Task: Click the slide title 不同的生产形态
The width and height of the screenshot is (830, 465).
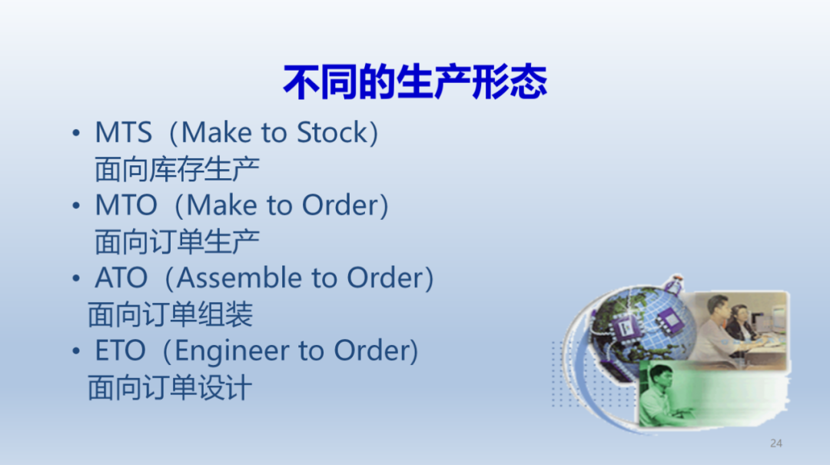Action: [415, 82]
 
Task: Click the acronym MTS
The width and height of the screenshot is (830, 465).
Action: [123, 132]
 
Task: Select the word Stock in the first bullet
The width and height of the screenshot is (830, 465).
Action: [332, 132]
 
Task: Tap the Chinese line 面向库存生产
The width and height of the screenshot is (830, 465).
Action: [177, 170]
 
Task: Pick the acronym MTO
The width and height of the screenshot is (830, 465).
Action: [126, 205]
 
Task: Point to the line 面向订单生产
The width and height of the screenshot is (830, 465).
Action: [177, 242]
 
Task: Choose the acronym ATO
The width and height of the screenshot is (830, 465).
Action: [121, 278]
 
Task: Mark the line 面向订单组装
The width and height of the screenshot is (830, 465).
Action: [170, 314]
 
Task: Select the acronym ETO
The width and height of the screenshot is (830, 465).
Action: [120, 350]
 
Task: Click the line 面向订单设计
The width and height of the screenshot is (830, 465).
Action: [170, 387]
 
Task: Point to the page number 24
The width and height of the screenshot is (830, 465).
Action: [776, 443]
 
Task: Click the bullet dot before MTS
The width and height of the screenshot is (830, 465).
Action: [76, 133]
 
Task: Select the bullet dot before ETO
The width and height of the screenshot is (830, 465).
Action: [76, 351]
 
